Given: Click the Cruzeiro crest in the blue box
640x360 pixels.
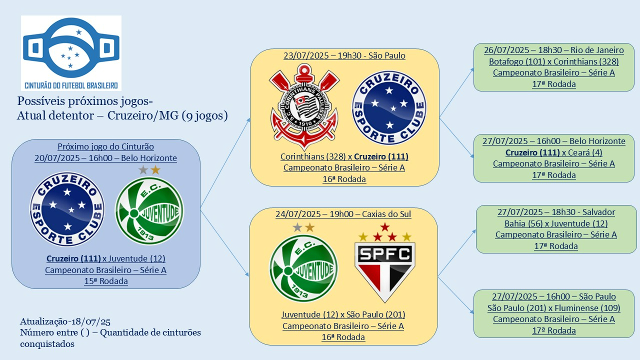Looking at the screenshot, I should pyautogui.click(x=67, y=208).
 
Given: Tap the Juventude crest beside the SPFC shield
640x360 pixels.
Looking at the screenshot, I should pyautogui.click(x=303, y=269).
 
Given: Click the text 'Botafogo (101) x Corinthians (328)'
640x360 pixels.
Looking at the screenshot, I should pyautogui.click(x=554, y=61).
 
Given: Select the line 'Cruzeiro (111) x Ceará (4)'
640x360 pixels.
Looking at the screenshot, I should pyautogui.click(x=554, y=152).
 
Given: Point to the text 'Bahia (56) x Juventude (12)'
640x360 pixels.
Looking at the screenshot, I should pyautogui.click(x=556, y=223).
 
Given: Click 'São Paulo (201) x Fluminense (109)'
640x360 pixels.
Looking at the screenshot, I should pyautogui.click(x=554, y=308).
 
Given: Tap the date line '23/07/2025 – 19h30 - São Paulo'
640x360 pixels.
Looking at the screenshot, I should pyautogui.click(x=344, y=55).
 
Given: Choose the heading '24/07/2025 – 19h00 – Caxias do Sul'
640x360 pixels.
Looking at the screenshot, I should pyautogui.click(x=343, y=214).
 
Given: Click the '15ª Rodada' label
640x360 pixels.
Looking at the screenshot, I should pyautogui.click(x=106, y=281).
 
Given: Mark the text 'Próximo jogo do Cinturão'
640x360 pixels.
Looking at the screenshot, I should pyautogui.click(x=105, y=146).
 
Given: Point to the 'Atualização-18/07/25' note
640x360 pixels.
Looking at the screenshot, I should pyautogui.click(x=58, y=321).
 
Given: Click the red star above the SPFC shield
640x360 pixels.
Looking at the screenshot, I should pyautogui.click(x=384, y=227).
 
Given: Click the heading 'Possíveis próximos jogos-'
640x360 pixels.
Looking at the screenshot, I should pyautogui.click(x=85, y=100).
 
